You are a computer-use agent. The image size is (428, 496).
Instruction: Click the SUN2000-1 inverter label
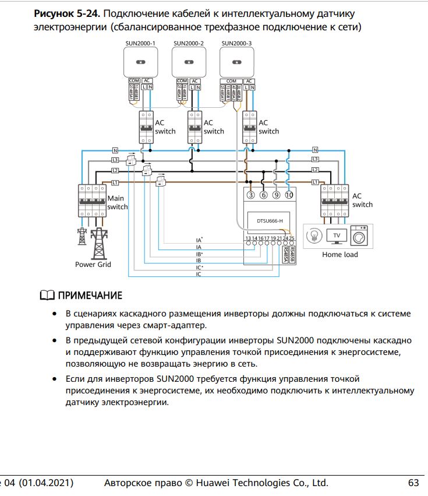(x=140, y=43)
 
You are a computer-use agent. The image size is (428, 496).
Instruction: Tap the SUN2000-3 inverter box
(x=236, y=61)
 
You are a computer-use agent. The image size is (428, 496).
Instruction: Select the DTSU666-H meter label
(x=270, y=221)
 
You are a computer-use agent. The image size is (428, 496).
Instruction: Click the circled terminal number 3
(x=251, y=195)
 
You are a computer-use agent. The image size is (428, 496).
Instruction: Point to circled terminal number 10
(x=289, y=195)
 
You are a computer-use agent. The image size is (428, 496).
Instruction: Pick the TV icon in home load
(x=335, y=236)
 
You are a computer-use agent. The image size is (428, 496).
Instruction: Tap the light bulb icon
(x=313, y=236)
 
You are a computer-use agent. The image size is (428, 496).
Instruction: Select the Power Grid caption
(x=93, y=265)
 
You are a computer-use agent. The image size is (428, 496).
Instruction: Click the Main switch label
(x=117, y=203)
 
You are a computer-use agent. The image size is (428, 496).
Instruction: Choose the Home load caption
(x=339, y=255)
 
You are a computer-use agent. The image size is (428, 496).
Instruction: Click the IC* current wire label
(x=199, y=268)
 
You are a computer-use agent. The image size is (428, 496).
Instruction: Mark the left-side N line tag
(x=115, y=150)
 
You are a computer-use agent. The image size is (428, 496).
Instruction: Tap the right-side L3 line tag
(x=315, y=159)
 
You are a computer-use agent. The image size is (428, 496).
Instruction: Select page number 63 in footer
(x=413, y=483)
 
